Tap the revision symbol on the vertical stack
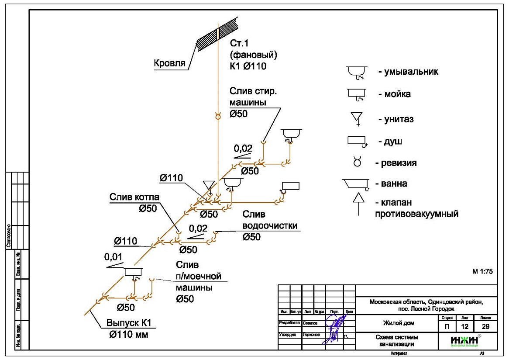pyautogui.click(x=217, y=116)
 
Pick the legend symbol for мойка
pyautogui.click(x=356, y=95)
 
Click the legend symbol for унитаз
pyautogui.click(x=358, y=118)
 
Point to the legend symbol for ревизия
pyautogui.click(x=358, y=163)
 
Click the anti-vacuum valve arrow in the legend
pyautogui.click(x=358, y=204)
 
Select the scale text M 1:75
pyautogui.click(x=482, y=271)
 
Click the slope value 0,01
pyautogui.click(x=113, y=257)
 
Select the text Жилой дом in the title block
pyautogui.click(x=399, y=323)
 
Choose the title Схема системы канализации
pyautogui.click(x=396, y=341)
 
